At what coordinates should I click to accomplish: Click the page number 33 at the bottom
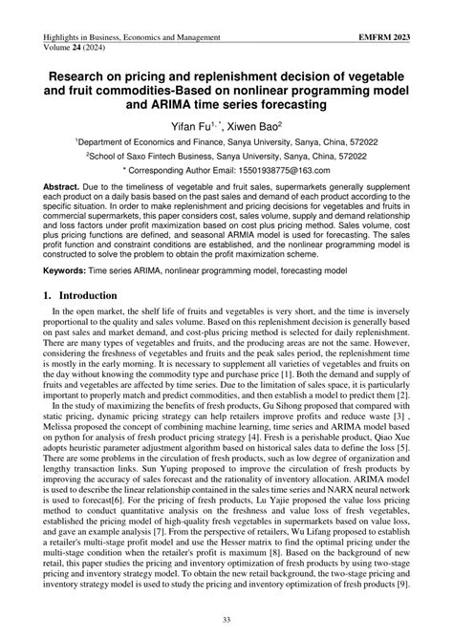[226, 619]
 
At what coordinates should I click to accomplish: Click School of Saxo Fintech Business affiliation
[167, 154]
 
